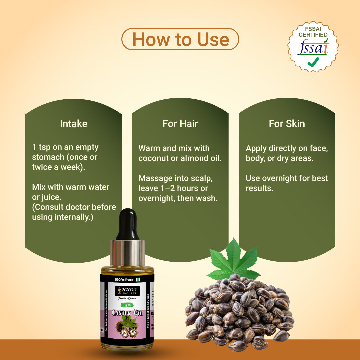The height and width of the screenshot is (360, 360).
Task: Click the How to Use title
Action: (x=180, y=39)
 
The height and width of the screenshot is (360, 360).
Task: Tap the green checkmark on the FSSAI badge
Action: (x=313, y=62)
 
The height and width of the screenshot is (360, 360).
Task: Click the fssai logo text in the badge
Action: (x=313, y=47)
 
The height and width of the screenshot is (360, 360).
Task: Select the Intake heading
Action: (x=73, y=124)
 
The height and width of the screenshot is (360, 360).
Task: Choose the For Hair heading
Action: (x=180, y=124)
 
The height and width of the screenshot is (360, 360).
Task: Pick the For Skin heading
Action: (x=287, y=124)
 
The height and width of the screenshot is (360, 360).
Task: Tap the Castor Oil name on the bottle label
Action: (x=127, y=313)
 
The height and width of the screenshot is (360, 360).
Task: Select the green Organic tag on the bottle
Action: (x=127, y=304)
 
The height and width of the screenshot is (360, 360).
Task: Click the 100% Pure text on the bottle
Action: (x=124, y=279)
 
